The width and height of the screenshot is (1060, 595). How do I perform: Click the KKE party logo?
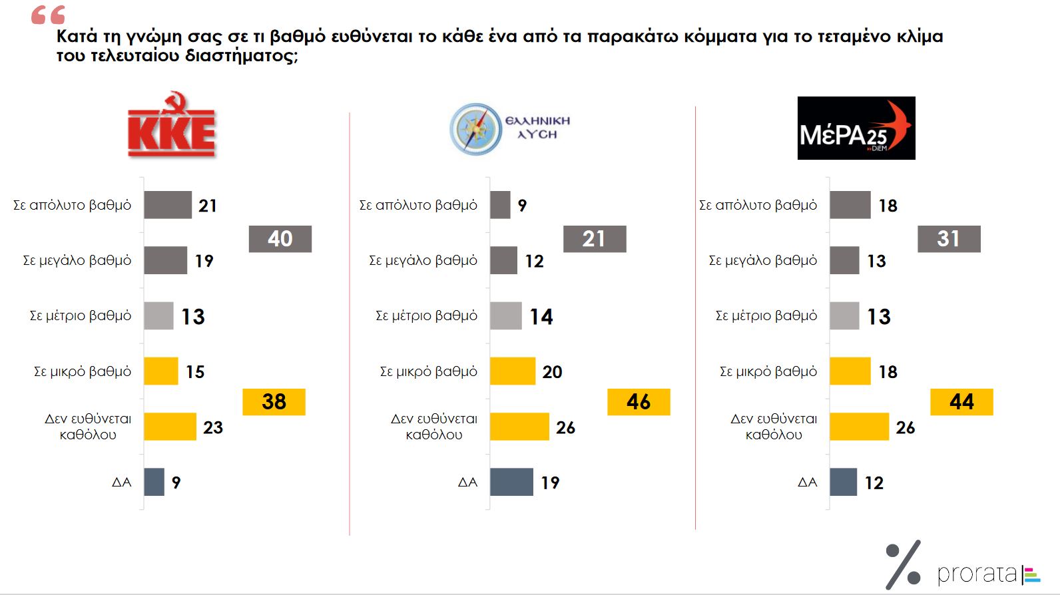click(172, 125)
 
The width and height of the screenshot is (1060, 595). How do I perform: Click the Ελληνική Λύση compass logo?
click(475, 129)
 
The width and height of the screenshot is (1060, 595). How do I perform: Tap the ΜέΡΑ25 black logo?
click(856, 128)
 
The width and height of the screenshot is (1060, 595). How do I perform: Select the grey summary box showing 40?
click(280, 239)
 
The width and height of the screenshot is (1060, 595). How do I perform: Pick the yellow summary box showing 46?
click(639, 402)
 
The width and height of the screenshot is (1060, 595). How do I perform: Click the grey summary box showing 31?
click(949, 239)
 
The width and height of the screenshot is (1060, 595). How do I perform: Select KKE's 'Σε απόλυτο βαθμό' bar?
click(168, 205)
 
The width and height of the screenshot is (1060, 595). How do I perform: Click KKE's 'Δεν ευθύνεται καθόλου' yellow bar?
click(170, 427)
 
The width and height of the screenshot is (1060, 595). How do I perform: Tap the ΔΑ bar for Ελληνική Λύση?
click(511, 482)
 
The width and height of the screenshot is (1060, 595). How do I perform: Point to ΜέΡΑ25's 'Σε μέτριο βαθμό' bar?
click(844, 315)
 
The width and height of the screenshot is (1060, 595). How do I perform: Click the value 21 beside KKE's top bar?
click(208, 206)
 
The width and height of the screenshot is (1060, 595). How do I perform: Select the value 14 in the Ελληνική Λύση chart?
click(541, 317)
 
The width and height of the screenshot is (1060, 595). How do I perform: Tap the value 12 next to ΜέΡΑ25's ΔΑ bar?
click(874, 483)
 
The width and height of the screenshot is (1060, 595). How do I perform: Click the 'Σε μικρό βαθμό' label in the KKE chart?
click(83, 371)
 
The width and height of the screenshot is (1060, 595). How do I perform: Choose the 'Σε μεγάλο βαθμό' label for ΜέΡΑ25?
click(762, 260)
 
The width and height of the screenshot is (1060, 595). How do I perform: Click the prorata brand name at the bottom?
click(977, 574)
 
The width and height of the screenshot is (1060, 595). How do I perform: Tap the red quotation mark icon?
click(48, 15)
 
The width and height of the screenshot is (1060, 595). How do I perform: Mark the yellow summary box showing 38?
click(274, 402)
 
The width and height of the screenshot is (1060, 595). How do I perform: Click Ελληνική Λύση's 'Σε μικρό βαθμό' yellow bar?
click(513, 371)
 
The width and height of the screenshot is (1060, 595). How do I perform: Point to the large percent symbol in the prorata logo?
click(904, 565)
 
